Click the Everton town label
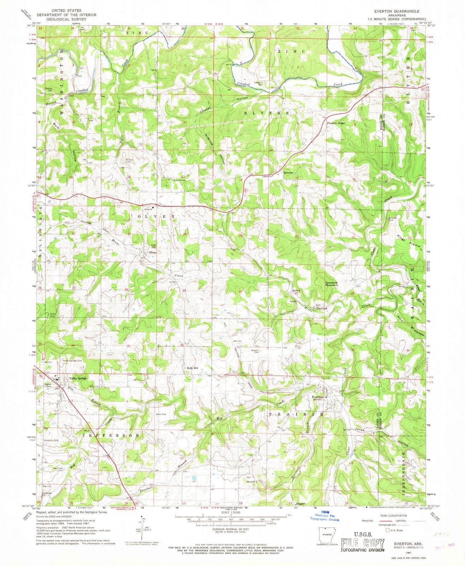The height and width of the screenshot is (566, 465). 317,397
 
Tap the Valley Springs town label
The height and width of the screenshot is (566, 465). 78,378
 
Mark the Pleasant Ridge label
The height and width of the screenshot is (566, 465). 336,123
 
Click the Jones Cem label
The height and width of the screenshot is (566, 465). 161,414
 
